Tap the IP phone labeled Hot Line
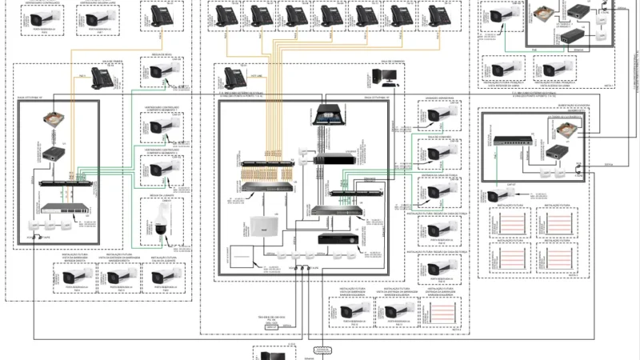[235, 78]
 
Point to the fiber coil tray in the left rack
[58, 120]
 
